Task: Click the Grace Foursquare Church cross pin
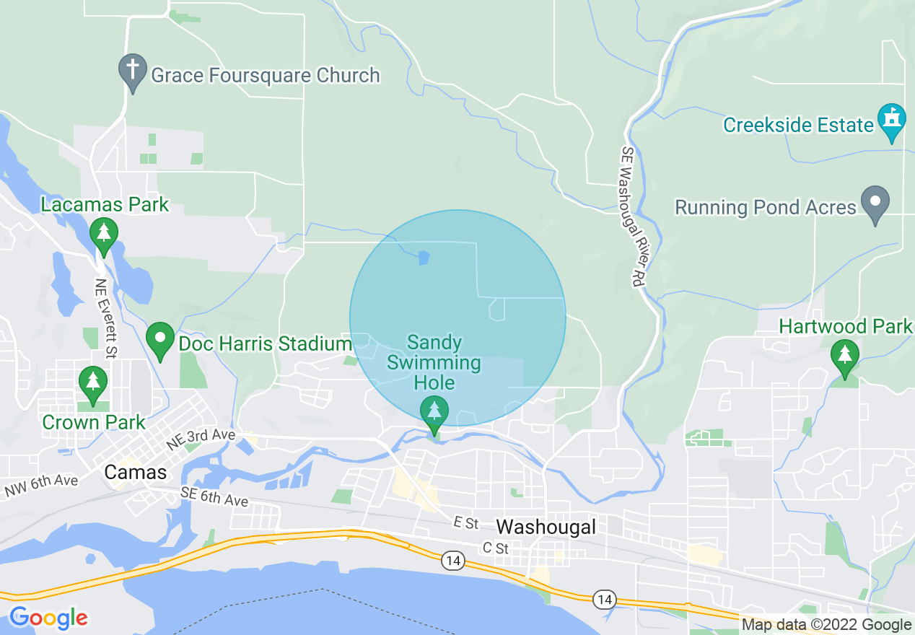click(133, 71)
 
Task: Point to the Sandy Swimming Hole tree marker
click(434, 413)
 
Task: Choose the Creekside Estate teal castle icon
click(892, 121)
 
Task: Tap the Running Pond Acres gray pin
click(876, 203)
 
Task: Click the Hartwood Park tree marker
click(844, 357)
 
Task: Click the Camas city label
click(136, 473)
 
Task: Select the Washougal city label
click(546, 527)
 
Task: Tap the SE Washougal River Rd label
click(630, 216)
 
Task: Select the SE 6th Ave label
click(214, 496)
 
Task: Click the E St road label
click(466, 522)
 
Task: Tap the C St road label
click(496, 548)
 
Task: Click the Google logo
click(48, 618)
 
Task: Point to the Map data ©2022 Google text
click(827, 625)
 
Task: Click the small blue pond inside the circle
click(423, 257)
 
